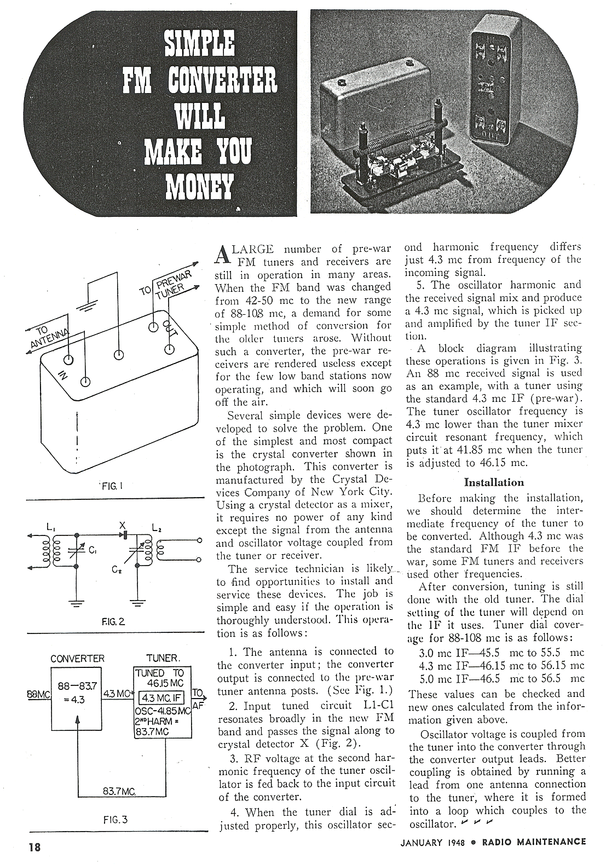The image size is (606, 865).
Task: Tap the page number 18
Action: click(x=34, y=846)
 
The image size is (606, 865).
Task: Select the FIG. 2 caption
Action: click(x=113, y=622)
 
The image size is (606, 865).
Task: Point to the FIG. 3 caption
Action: click(x=115, y=820)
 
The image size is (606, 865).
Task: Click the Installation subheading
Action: click(x=494, y=482)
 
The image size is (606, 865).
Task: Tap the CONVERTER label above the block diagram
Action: click(x=77, y=659)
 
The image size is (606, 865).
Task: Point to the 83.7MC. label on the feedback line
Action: click(x=119, y=792)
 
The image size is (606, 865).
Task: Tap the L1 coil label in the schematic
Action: click(x=51, y=527)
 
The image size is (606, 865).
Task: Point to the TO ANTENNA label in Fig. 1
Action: click(x=47, y=338)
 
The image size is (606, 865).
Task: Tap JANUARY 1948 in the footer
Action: click(x=432, y=843)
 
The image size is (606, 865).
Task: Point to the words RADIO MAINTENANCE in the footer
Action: click(x=534, y=842)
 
